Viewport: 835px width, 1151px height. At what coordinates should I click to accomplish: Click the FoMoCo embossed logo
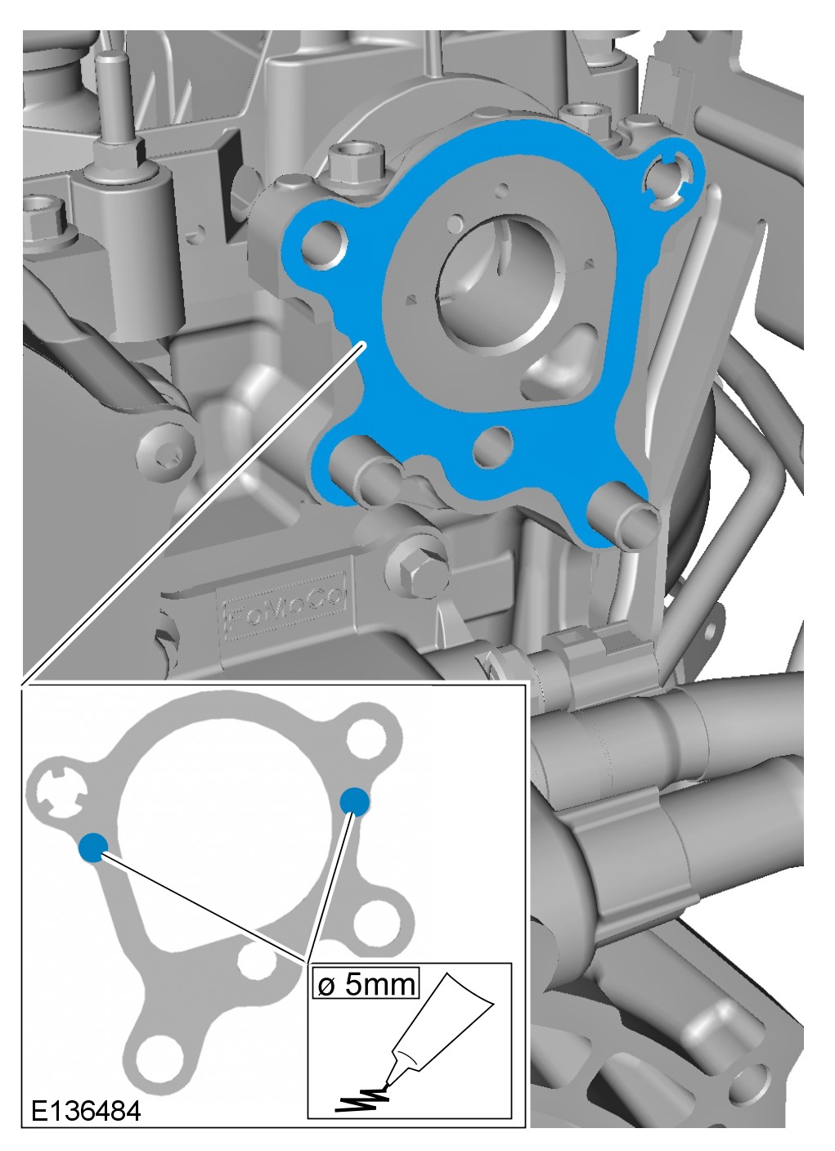click(x=285, y=606)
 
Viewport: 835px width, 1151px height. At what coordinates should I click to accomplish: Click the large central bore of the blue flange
click(x=496, y=286)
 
